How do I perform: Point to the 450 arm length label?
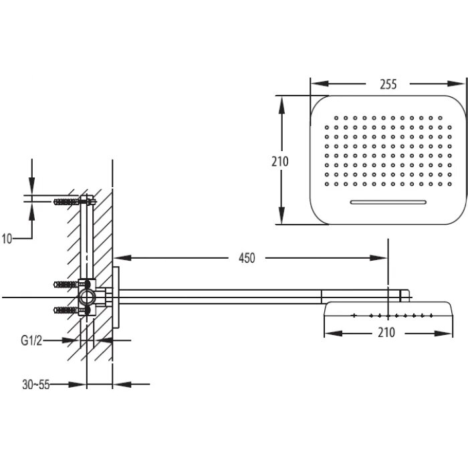247,258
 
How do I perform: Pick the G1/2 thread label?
31,340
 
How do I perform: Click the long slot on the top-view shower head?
388,201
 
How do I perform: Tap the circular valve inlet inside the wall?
86,297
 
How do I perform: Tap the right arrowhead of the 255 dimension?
461,84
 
